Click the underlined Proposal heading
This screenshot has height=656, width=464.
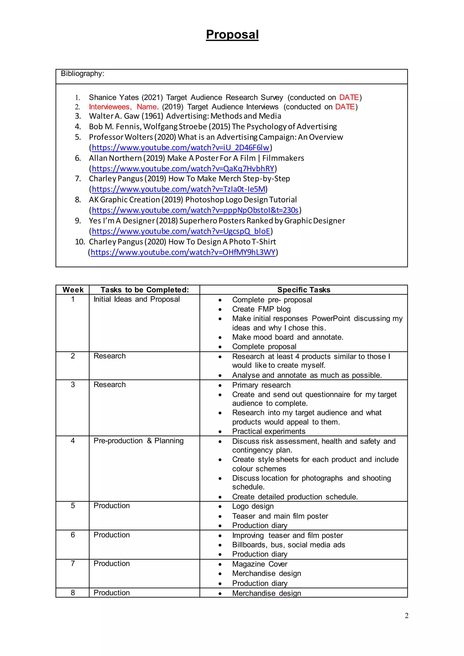tap(232, 35)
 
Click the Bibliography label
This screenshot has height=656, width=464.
tap(82, 74)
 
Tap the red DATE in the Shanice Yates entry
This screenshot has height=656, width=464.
tap(349, 97)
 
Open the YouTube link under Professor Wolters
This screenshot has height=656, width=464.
tap(180, 148)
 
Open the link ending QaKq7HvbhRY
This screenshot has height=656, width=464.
tap(183, 169)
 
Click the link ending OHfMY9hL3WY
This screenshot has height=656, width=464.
tap(183, 252)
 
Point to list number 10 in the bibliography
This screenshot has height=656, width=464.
tap(80, 242)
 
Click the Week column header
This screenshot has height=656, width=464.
tap(73, 290)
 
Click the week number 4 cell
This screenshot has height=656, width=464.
tap(73, 441)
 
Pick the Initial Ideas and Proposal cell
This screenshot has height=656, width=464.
tap(137, 299)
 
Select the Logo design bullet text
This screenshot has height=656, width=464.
tap(253, 506)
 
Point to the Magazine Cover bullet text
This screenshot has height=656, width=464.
tap(259, 564)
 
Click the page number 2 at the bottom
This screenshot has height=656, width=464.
tap(406, 615)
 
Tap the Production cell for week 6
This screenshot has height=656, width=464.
tap(111, 535)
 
